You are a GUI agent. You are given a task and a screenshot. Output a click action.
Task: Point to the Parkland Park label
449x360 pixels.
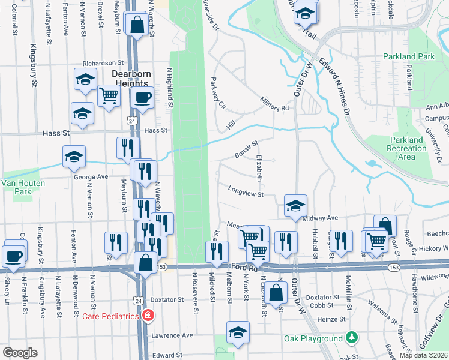(409, 56)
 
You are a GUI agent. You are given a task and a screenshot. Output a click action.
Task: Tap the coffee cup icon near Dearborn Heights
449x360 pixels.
(142, 98)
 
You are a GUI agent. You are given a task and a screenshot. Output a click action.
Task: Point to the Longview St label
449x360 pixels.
(246, 190)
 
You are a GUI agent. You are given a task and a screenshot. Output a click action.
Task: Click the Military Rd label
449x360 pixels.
(274, 103)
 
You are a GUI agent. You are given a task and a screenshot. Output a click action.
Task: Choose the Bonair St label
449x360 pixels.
(246, 149)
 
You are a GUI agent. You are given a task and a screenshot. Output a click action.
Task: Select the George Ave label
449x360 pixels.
(91, 177)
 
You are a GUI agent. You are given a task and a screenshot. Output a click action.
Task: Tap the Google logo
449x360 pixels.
(20, 353)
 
